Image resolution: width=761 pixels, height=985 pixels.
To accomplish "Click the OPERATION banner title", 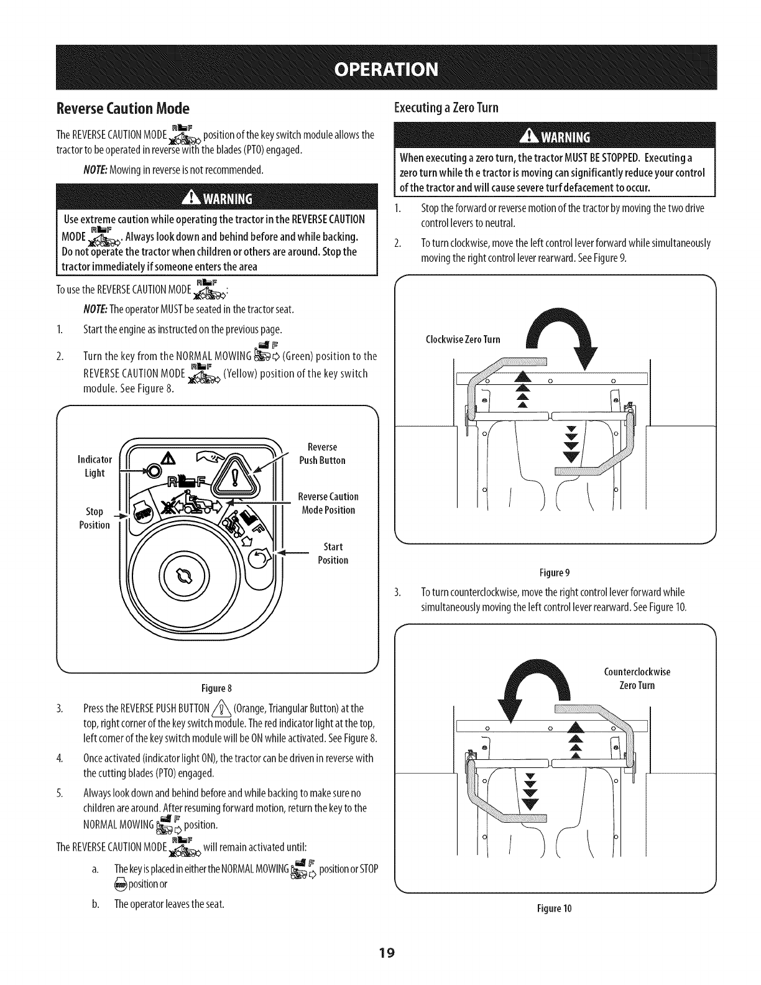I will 380,68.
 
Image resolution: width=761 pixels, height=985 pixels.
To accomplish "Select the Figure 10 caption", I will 558,909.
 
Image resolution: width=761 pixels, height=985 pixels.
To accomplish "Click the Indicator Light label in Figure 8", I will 94,466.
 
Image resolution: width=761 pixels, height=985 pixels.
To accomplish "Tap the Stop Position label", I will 95,518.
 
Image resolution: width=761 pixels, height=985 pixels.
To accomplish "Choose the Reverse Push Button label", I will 322,454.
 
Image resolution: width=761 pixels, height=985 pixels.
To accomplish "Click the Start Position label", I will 333,553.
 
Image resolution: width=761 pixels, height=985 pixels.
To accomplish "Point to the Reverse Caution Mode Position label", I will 328,504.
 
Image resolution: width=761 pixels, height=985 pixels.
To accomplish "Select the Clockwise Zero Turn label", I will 463,340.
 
